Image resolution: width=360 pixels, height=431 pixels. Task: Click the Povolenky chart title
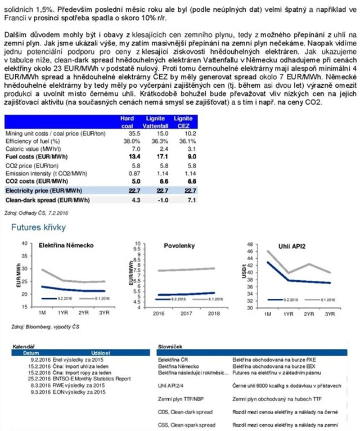click(179, 246)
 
